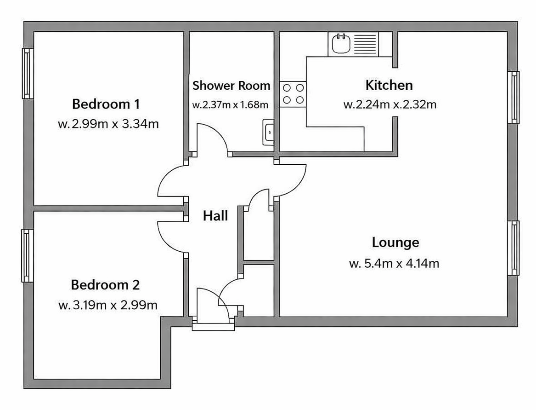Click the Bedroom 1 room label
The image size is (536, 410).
coord(106,104)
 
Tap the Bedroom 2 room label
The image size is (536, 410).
coord(105,285)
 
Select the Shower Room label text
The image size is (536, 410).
coord(231,86)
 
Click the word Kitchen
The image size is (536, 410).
coord(389,85)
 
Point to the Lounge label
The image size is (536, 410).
coord(395,242)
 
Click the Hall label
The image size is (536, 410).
coord(215,216)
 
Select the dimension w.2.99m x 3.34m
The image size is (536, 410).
coord(108,124)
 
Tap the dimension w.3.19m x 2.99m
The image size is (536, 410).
coord(108,305)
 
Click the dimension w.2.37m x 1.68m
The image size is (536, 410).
coord(230,104)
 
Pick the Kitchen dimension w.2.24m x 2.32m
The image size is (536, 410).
coord(389,104)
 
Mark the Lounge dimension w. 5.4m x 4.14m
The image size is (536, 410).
coord(394,264)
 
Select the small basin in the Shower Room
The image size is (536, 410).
coord(268,132)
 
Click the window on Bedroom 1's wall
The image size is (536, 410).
coord(27,74)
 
